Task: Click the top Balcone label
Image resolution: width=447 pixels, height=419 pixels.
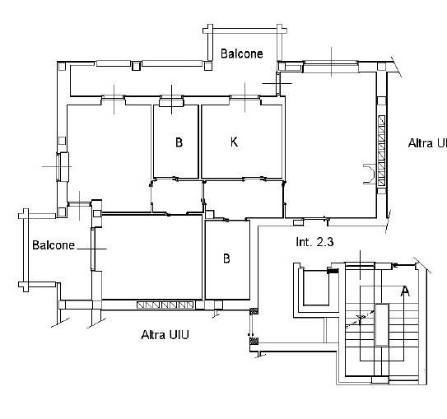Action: coord(242,54)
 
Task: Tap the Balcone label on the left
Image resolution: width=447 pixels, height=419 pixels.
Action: coord(54,245)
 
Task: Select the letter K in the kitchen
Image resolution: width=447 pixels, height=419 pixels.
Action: coord(234,142)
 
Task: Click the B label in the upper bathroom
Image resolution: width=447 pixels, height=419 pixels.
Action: coord(179,142)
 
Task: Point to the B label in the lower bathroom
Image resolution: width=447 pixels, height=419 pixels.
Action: coord(226,258)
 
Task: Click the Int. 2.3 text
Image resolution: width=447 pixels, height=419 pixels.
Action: coord(314,242)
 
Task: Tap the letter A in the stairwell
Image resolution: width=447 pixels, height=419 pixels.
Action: coord(405,291)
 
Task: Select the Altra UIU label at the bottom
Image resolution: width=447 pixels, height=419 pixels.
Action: coord(165,335)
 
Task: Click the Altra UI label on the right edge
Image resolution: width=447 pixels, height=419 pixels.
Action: coord(427,143)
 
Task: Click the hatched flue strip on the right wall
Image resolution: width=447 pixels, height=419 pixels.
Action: coord(381,151)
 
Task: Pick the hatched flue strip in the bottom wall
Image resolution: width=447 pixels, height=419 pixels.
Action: coord(165,305)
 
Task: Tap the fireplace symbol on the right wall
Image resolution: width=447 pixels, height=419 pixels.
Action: coord(370,174)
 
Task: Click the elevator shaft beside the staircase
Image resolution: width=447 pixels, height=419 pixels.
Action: coord(316,288)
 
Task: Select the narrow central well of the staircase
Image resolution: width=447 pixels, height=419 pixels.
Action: coord(382,324)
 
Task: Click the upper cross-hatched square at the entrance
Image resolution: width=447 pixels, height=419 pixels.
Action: coord(254,311)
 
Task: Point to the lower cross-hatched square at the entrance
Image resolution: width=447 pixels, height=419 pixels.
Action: coord(254,341)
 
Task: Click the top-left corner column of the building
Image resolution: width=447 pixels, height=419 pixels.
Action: coord(62,67)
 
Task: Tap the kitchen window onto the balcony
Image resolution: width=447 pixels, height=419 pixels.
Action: coord(244,98)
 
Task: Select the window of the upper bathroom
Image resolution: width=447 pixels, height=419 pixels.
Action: coord(171,100)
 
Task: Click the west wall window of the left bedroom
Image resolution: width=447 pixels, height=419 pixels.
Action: coord(62,167)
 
